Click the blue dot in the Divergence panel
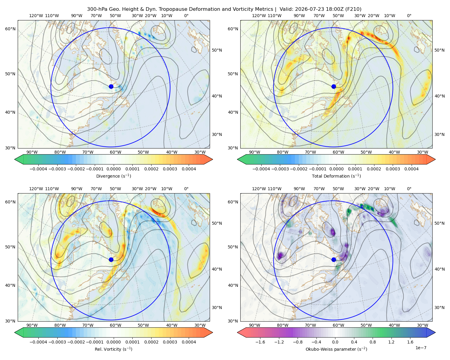click(x=111, y=87)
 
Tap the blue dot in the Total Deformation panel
click(x=334, y=87)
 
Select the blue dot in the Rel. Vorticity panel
click(x=111, y=259)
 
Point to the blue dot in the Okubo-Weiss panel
click(x=334, y=259)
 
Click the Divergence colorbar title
click(x=113, y=176)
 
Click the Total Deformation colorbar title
click(x=336, y=176)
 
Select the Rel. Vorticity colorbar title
click(x=113, y=349)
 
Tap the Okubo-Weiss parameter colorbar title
click(x=336, y=349)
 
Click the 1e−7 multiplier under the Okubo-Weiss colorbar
click(x=421, y=348)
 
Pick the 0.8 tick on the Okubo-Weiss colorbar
click(x=373, y=342)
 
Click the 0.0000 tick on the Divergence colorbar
click(x=113, y=169)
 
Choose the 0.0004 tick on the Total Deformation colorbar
click(x=411, y=169)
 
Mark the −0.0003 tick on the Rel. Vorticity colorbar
click(x=57, y=342)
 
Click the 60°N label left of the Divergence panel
click(x=10, y=29)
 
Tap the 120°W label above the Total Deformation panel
click(x=259, y=16)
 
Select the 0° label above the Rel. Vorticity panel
click(x=186, y=189)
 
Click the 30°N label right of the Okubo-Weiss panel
click(x=439, y=307)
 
